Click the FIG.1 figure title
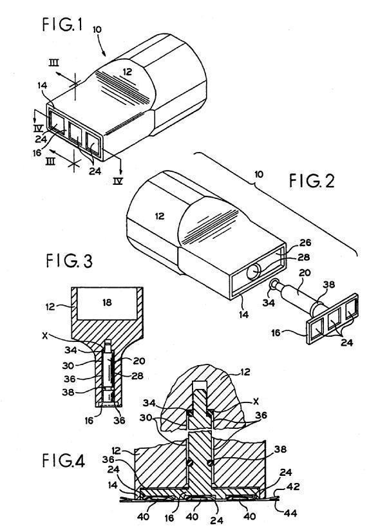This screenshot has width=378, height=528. tap(62, 25)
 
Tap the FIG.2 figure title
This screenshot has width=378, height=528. tap(312, 181)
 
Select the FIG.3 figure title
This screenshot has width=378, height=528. tap(69, 261)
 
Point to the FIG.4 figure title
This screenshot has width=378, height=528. tap(63, 460)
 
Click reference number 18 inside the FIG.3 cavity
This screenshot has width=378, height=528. tap(106, 303)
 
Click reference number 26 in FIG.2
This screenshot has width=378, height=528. tap(304, 243)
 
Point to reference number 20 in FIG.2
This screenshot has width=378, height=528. tap(305, 273)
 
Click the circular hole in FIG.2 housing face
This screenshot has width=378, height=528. tap(254, 272)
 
